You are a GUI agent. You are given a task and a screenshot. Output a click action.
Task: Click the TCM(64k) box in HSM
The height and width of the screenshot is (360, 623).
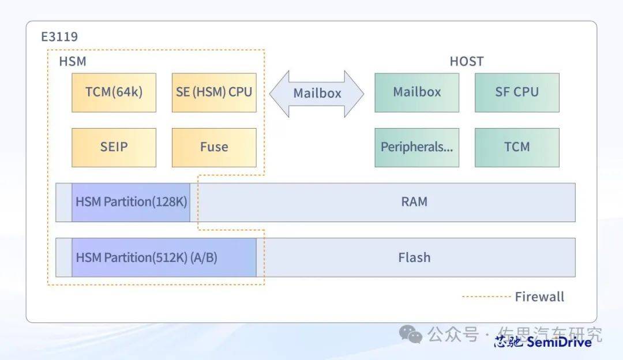(114, 92)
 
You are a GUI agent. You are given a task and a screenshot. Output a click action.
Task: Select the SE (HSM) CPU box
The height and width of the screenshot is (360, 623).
(214, 92)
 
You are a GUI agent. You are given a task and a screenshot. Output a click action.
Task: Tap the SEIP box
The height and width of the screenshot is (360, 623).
(114, 147)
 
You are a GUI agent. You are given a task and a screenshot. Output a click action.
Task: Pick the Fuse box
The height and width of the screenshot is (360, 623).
(214, 147)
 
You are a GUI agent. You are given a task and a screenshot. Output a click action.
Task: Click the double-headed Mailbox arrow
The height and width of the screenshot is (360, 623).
(317, 93)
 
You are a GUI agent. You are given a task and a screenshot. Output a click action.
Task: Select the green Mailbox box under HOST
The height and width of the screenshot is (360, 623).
(416, 92)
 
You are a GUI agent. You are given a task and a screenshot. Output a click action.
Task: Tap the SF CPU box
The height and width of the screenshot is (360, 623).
(517, 92)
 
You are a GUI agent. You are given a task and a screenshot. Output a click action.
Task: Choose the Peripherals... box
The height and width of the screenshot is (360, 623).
(416, 147)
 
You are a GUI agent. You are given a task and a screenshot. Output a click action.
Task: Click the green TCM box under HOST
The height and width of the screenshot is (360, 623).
(517, 147)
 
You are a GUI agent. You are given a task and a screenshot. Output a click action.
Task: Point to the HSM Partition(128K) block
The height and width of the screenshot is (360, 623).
(131, 202)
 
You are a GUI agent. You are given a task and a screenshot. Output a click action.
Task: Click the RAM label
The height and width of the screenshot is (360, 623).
(414, 202)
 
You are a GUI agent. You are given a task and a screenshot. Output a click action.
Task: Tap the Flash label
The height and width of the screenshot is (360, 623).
(414, 257)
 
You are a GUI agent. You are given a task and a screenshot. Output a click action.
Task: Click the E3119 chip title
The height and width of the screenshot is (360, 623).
(59, 37)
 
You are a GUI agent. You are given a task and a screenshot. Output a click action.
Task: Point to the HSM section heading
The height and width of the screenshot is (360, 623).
(73, 62)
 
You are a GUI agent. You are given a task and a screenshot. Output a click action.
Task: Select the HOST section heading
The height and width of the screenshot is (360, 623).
(466, 62)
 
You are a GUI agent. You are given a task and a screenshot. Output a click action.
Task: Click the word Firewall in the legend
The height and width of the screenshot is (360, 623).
(539, 297)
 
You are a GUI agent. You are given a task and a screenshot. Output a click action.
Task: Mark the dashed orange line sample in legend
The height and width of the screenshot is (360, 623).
(486, 297)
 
